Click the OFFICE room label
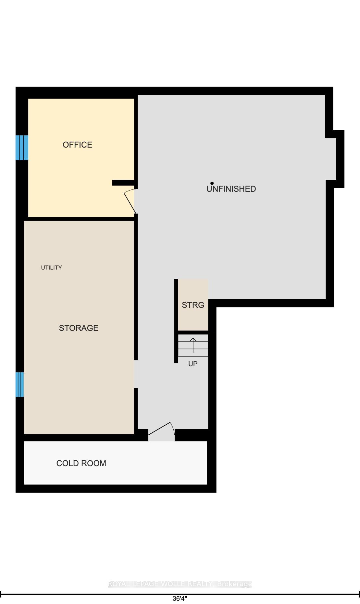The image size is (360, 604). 77,145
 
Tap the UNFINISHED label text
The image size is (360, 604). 231,189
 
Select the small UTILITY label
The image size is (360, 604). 51,268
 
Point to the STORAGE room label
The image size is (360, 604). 79,328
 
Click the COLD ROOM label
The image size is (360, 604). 81,463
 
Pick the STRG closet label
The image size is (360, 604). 193,305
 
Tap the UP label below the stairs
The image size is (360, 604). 193,364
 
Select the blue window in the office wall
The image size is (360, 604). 22,148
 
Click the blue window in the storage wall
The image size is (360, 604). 20,384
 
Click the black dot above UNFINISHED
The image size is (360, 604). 212,183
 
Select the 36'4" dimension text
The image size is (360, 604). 180,598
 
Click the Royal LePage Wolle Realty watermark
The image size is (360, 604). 180,584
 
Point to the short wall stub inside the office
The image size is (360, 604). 123,183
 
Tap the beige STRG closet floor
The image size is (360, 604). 193,305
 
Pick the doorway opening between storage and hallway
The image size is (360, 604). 136,374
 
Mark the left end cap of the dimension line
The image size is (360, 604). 1,594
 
